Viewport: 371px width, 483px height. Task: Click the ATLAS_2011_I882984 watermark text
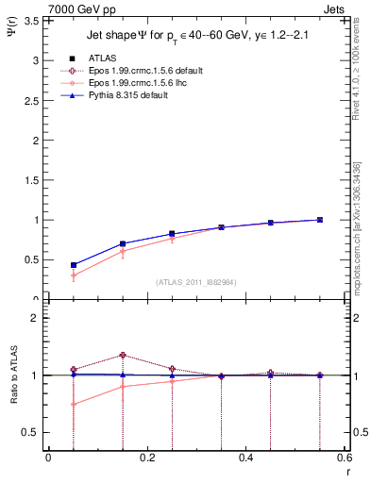pos(195,281)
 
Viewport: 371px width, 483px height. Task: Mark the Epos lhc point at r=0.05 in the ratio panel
pos(73,404)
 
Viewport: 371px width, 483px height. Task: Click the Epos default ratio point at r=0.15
pos(123,355)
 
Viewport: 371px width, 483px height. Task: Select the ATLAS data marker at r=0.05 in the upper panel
pos(73,265)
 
